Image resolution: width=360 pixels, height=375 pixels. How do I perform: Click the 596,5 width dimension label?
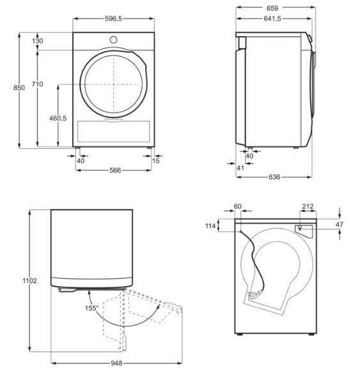click(113, 19)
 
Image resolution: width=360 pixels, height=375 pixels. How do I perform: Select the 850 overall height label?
click(19, 88)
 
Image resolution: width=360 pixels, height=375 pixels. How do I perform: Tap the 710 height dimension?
click(38, 84)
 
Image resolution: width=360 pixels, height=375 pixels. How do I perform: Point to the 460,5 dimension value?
click(58, 118)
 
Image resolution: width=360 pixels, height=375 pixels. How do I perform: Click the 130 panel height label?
click(38, 41)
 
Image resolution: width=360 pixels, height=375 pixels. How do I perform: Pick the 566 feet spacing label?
click(115, 171)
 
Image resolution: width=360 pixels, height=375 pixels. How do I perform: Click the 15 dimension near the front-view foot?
click(155, 161)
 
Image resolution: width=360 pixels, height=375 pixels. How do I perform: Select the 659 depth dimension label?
click(272, 8)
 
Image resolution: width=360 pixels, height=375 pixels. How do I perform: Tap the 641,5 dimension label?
click(272, 19)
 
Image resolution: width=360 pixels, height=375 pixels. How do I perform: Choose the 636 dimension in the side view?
click(274, 177)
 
